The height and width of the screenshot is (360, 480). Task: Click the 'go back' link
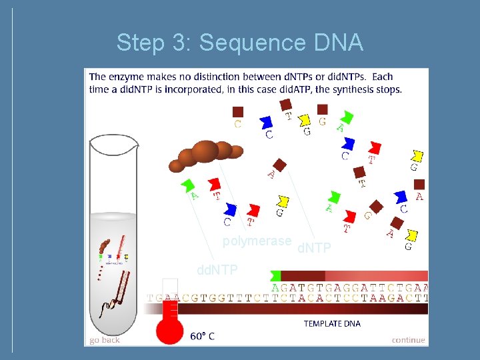point(105,339)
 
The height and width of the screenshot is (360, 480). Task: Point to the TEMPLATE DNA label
point(332,324)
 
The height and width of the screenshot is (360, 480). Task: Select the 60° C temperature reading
point(202,336)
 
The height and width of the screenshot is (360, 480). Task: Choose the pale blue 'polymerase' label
point(257,241)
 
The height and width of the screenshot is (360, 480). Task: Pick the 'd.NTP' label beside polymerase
point(314,249)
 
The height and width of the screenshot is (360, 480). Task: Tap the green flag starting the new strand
point(275,275)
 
